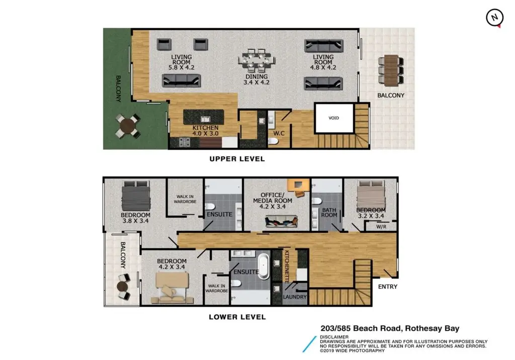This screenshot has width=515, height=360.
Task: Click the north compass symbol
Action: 495,18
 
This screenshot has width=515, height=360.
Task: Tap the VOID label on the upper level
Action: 334,118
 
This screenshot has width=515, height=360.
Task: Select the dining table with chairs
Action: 256,60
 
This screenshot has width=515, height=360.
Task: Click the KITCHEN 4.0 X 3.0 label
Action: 205,130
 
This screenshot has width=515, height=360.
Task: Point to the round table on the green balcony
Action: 128,126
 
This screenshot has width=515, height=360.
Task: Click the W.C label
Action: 279,133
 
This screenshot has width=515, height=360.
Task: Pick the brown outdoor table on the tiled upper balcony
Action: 391,70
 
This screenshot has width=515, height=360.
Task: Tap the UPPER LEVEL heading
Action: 237,159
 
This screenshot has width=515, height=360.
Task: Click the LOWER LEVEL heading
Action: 237,317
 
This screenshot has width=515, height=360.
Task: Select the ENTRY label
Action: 388,287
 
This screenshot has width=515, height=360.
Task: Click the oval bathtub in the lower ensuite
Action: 264,266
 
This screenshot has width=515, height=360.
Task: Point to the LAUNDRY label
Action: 295,297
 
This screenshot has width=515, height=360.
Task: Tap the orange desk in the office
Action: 298,186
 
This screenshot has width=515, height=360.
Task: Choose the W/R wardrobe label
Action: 381,227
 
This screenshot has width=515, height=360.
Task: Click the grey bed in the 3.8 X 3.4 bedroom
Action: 136,196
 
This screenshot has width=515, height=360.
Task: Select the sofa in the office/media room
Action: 282,221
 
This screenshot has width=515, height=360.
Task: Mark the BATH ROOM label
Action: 329,213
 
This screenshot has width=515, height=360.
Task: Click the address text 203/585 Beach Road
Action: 361,328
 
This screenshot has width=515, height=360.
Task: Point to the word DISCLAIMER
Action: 334,337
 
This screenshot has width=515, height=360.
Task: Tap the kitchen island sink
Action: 205,119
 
